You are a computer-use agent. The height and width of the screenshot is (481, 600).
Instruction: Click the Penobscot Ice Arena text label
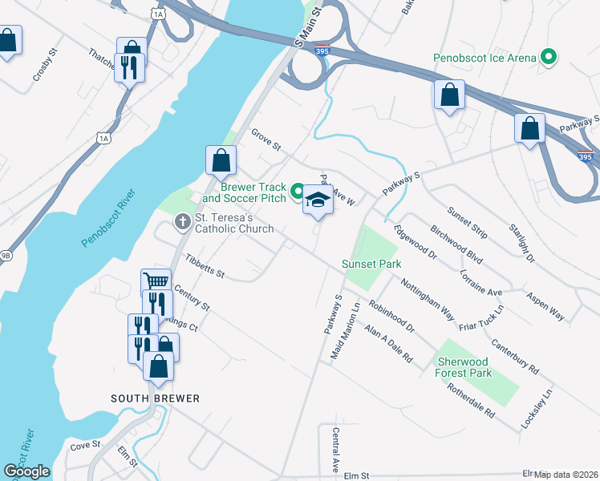click(x=484, y=58)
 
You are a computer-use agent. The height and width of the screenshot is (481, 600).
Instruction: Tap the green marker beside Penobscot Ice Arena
click(x=549, y=57)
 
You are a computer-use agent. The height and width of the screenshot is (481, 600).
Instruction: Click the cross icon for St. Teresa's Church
click(x=183, y=220)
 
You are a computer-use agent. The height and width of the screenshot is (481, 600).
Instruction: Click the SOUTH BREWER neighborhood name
click(x=155, y=398)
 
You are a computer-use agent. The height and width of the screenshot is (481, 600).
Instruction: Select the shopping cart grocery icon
click(x=156, y=281)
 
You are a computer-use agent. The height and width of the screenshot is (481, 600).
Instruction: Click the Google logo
click(x=26, y=471)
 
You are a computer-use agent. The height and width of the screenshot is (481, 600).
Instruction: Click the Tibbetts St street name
click(x=205, y=267)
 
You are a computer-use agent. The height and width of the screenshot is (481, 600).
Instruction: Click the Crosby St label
click(x=45, y=67)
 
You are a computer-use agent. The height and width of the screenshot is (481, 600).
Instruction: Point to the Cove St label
click(x=85, y=445)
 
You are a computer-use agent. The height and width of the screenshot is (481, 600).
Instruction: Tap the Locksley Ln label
click(x=537, y=410)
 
